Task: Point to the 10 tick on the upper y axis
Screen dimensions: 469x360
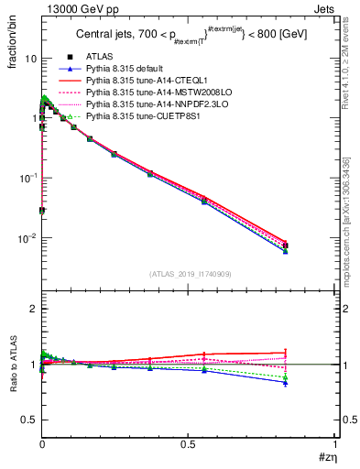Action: (x=30, y=58)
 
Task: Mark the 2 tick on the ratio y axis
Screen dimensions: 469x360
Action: (x=34, y=310)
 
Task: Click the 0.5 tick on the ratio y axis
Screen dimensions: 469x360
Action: (x=30, y=420)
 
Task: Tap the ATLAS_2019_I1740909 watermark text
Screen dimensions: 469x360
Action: (x=188, y=274)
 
